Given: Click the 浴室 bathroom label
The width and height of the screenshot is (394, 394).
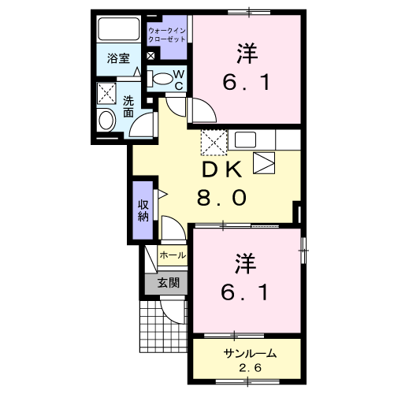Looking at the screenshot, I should (118, 58).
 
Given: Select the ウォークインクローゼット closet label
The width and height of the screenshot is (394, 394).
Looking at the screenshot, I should (167, 34).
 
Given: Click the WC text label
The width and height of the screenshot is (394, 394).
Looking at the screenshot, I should (179, 80).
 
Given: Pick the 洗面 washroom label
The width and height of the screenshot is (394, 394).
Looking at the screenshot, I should (128, 106).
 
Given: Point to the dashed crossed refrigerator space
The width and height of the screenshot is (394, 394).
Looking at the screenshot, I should (213, 142).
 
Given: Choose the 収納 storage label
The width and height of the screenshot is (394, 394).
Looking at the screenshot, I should (143, 210).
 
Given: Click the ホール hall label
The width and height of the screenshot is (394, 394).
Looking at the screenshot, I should (173, 255).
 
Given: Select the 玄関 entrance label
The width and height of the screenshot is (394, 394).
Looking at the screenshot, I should (167, 282).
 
